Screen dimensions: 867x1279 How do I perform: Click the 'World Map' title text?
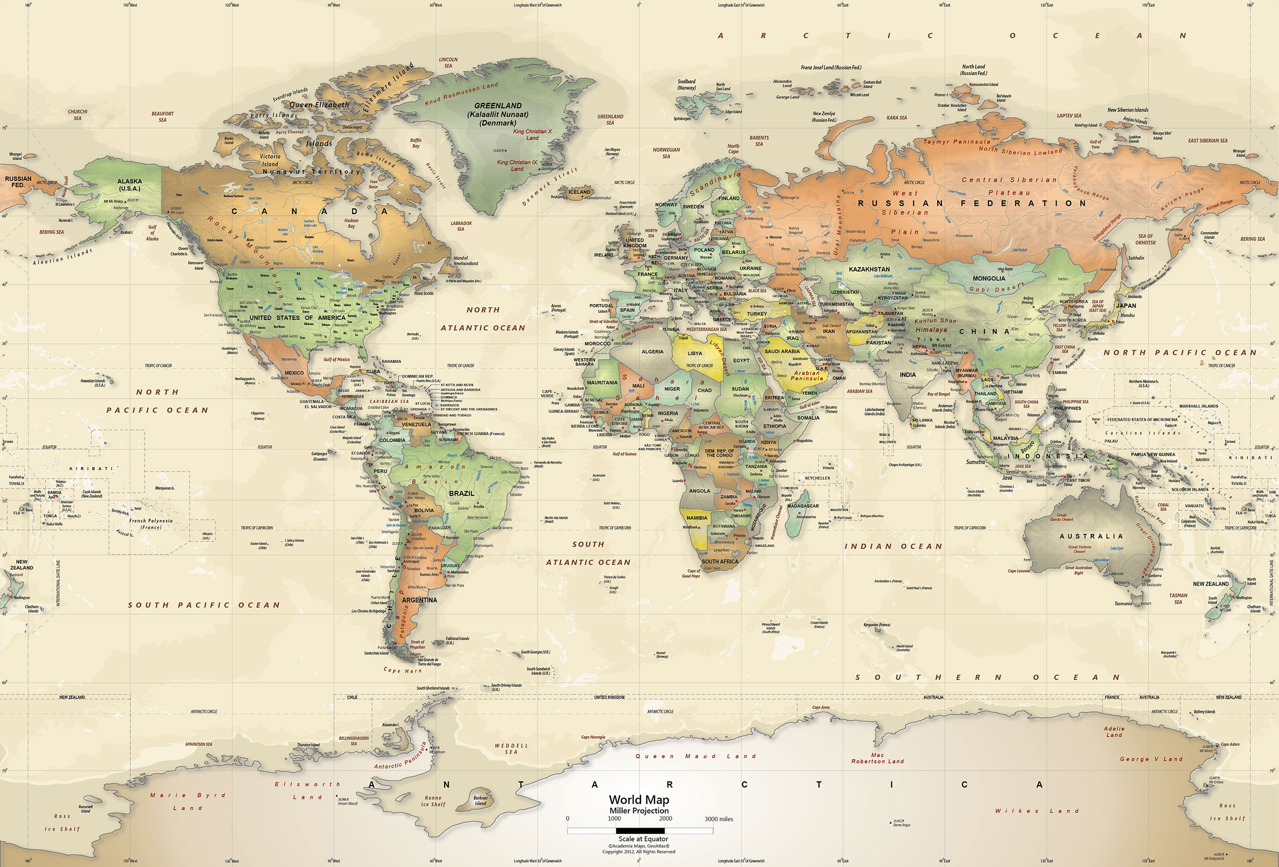point(639,799)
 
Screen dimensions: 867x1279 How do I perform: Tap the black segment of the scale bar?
point(640,831)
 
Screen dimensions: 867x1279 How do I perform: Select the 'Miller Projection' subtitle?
point(639,811)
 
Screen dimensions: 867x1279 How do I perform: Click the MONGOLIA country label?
point(988,278)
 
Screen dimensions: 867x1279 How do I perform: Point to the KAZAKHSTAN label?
point(869,269)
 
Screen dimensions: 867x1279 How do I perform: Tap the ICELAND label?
point(579,192)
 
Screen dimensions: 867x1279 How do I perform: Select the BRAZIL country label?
point(461,493)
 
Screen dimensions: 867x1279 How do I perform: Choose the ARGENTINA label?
point(420,600)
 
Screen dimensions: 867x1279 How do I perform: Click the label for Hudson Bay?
point(351,223)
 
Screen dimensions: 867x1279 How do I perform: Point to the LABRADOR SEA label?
point(461,226)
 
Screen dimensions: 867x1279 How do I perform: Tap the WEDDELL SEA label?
point(511,749)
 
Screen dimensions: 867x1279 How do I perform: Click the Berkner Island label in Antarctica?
point(480,800)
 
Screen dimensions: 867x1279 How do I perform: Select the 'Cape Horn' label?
point(402,670)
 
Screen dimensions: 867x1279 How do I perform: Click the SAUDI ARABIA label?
point(782,351)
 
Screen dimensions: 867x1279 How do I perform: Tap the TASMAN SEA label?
point(1178,598)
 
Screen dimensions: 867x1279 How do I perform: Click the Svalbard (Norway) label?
point(686,85)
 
